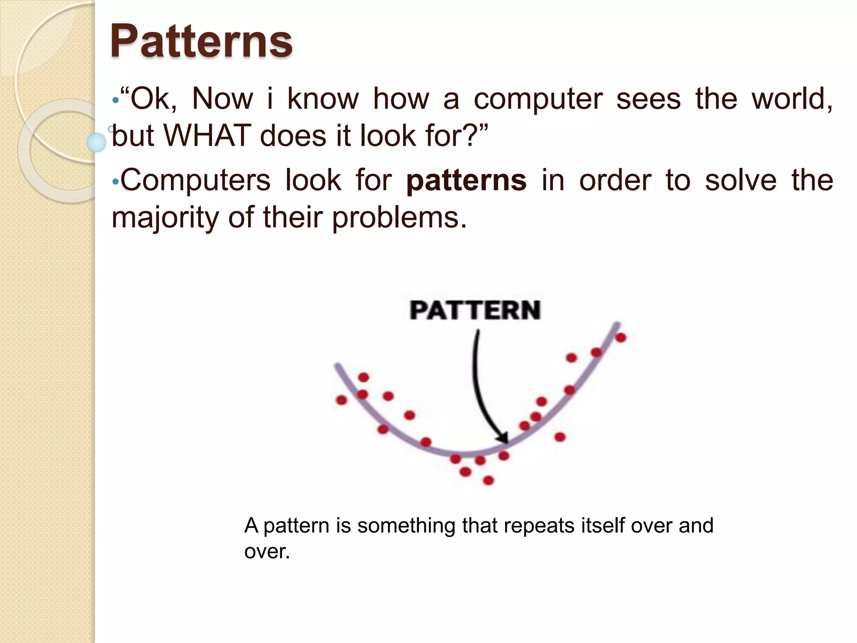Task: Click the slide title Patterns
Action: pos(201,41)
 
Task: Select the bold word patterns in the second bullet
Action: pos(466,180)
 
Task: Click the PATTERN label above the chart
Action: pos(475,310)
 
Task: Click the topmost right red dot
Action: pos(621,337)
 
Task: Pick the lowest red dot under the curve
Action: pos(488,480)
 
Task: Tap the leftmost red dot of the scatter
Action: pos(341,400)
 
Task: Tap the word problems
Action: pos(399,218)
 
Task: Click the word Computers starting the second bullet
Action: pos(195,180)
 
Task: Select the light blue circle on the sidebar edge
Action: pos(97,142)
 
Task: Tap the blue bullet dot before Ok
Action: pos(115,101)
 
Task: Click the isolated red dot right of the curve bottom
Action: pos(560,437)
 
